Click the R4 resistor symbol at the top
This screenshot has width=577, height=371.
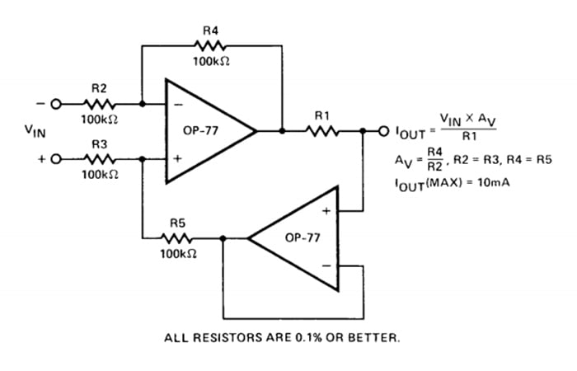pyautogui.click(x=210, y=47)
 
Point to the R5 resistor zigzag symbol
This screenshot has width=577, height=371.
pyautogui.click(x=178, y=237)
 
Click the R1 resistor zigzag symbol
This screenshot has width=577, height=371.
pyautogui.click(x=323, y=130)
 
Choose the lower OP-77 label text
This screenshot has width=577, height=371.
pyautogui.click(x=298, y=237)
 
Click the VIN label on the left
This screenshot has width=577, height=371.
pyautogui.click(x=38, y=130)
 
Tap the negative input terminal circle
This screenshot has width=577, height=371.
pyautogui.click(x=55, y=105)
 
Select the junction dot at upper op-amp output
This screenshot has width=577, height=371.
pyautogui.click(x=283, y=130)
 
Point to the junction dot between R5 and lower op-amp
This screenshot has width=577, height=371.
pyautogui.click(x=222, y=237)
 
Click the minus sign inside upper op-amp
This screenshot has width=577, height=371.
pyautogui.click(x=176, y=105)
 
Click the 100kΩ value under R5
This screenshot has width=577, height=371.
pyautogui.click(x=178, y=253)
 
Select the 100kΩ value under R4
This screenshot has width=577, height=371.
pyautogui.click(x=210, y=63)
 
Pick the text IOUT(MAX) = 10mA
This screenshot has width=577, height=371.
pyautogui.click(x=452, y=181)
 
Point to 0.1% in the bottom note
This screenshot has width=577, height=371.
pyautogui.click(x=309, y=338)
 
